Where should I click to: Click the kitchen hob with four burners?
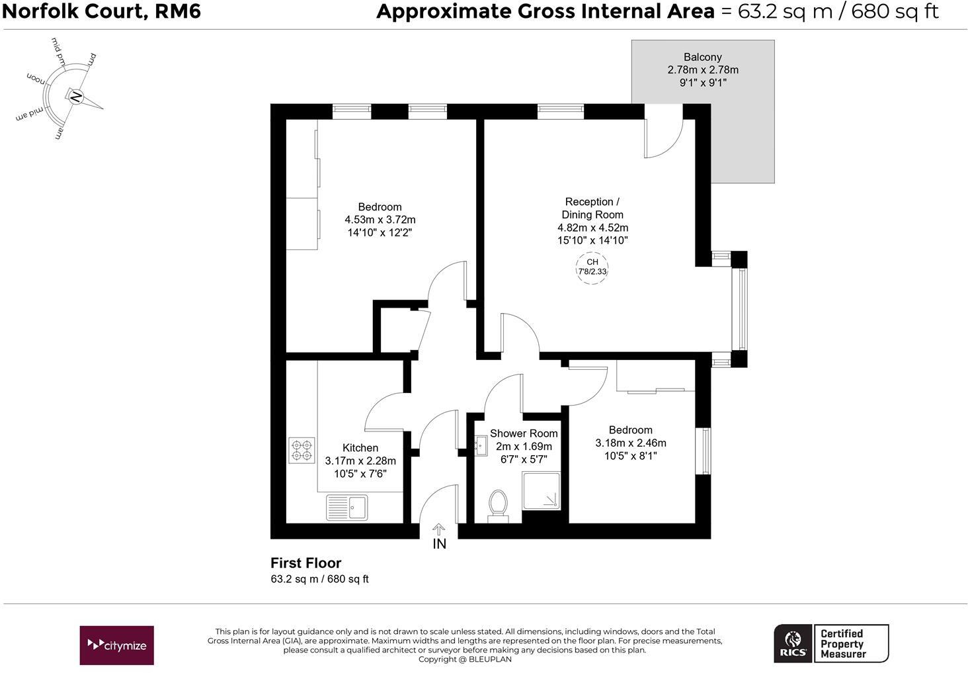[x=302, y=450]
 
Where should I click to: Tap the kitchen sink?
[x=347, y=508]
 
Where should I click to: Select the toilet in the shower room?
[x=497, y=504]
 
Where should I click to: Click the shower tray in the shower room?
[x=542, y=490]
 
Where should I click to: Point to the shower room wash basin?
[x=481, y=445]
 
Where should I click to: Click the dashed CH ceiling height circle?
[x=592, y=267]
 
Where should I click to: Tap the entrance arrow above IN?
[x=439, y=529]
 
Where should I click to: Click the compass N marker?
[x=76, y=98]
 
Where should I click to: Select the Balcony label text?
[x=702, y=57]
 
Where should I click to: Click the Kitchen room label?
[x=360, y=448]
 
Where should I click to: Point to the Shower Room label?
[x=524, y=433]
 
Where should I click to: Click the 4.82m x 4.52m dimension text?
[x=592, y=228]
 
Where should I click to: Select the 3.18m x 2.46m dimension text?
[x=631, y=443]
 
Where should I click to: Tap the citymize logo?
[x=117, y=645]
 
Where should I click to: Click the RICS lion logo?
[x=793, y=643]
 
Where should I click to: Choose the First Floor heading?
[x=305, y=563]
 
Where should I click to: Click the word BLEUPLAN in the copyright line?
[x=490, y=659]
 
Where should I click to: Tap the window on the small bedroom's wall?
[x=706, y=451]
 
